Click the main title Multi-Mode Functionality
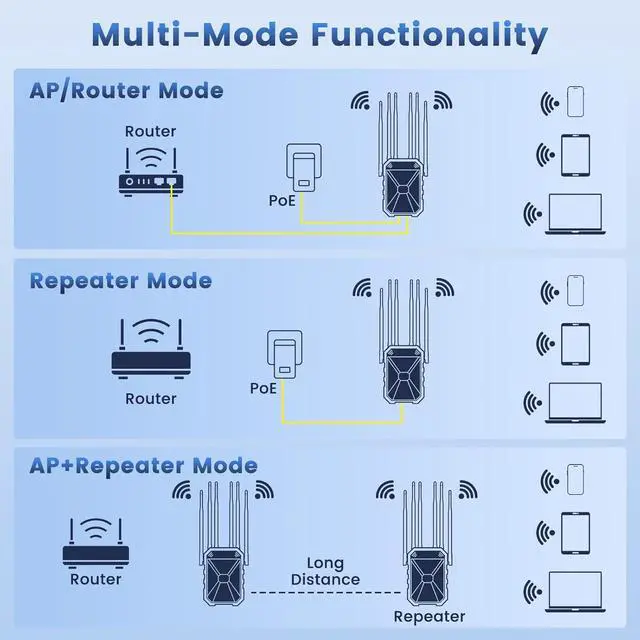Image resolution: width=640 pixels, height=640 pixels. [x=319, y=35]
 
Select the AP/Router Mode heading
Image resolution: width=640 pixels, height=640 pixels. [x=126, y=91]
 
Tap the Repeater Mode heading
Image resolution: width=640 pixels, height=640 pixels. [x=121, y=280]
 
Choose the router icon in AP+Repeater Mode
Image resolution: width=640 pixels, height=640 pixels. [x=96, y=540]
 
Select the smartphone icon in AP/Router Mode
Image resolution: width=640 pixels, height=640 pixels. [x=574, y=102]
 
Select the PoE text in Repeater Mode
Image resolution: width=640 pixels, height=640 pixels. [x=264, y=387]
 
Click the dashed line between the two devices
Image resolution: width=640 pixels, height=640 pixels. [x=324, y=594]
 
